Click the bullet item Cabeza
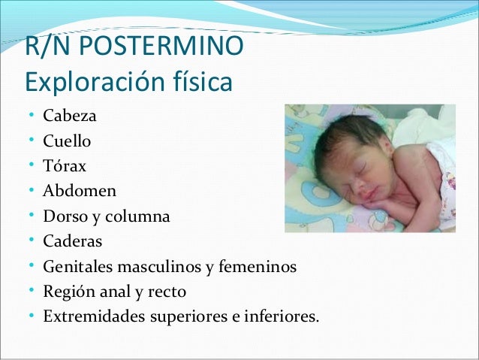tap(69, 116)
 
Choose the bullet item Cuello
tap(68, 141)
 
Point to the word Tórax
tap(65, 166)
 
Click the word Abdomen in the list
tap(80, 191)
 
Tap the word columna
tap(139, 217)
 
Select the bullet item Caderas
tap(72, 242)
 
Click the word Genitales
tap(74, 267)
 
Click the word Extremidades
tap(86, 316)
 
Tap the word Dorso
tap(63, 217)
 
